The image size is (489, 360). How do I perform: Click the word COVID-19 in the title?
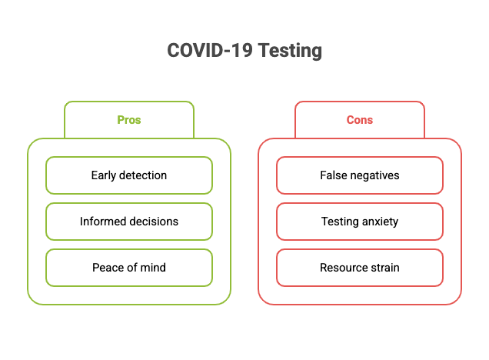[x=210, y=50]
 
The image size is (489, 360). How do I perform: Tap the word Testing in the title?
[x=290, y=51]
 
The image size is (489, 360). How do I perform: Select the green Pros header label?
[x=129, y=120]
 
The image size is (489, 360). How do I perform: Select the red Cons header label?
[x=360, y=120]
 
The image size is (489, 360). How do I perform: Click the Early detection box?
[x=129, y=175]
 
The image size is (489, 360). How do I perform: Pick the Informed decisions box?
[x=129, y=222]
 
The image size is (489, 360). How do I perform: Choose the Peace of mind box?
[x=129, y=268]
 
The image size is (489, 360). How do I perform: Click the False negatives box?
[x=360, y=175]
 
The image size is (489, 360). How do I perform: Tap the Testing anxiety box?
[x=360, y=222]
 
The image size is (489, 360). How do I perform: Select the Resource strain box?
[x=360, y=268]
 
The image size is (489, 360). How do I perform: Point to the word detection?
[x=143, y=175]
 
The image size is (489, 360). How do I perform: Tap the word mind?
[x=153, y=268]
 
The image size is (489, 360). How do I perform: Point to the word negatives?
[x=375, y=176]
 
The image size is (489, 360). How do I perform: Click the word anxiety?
[x=380, y=222]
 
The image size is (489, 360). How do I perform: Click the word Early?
[x=104, y=176]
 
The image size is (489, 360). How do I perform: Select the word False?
[x=334, y=175]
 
